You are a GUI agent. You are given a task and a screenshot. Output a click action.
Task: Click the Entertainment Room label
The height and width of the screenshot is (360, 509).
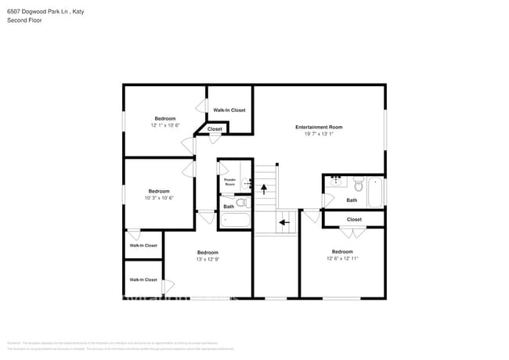319,127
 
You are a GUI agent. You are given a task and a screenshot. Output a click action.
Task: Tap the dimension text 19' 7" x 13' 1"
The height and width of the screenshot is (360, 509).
319,134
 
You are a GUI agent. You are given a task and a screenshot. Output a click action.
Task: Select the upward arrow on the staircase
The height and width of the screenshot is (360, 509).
264,188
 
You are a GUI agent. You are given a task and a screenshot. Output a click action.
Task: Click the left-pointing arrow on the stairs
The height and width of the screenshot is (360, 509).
283,222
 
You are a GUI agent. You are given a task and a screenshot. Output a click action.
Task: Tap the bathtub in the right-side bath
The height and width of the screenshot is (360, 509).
374,193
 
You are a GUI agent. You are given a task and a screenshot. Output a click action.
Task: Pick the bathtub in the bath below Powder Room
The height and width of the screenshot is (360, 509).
235,221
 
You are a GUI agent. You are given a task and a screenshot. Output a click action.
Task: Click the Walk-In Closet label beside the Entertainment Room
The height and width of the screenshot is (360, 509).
229,110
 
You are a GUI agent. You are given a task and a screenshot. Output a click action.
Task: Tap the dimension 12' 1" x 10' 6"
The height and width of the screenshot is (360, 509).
165,125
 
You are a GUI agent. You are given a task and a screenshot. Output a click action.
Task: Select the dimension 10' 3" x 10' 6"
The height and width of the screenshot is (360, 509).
159,198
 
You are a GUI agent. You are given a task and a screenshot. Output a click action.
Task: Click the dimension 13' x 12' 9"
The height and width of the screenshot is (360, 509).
208,259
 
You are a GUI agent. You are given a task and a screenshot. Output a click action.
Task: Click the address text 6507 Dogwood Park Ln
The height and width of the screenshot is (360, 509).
38,11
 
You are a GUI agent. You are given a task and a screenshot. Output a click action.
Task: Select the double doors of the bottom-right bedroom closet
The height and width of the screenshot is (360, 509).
353,232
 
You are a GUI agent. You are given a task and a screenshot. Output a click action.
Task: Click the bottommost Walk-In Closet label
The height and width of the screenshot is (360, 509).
143,279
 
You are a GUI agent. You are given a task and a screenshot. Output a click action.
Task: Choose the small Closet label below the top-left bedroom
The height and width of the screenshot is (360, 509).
215,129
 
